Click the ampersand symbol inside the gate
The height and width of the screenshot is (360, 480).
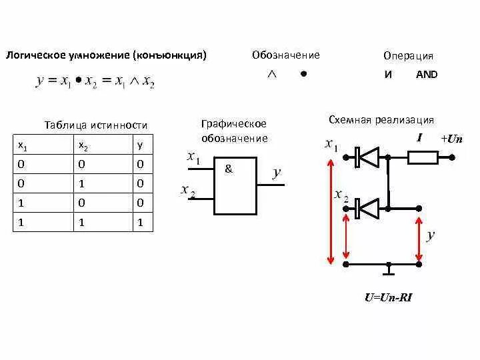(x=229, y=169)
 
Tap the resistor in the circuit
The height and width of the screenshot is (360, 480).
(x=423, y=157)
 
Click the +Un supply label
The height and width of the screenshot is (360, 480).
(x=451, y=139)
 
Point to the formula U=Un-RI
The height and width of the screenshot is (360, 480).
(x=388, y=298)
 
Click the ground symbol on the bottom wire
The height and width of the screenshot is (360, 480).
(x=389, y=270)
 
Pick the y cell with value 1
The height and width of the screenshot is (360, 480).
(x=140, y=223)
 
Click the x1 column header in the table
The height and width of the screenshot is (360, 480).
(x=22, y=145)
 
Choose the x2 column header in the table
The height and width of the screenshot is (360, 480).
(x=83, y=145)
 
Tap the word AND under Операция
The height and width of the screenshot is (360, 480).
(x=427, y=75)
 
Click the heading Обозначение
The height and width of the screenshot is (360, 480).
(x=285, y=55)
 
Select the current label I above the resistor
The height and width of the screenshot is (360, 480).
(x=419, y=138)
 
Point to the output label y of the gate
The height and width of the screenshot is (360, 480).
(x=277, y=173)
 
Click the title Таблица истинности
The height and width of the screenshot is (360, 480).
(x=95, y=125)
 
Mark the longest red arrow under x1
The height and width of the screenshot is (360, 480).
(x=329, y=211)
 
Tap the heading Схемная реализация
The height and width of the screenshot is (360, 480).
(x=381, y=120)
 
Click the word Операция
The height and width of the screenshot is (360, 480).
(x=408, y=56)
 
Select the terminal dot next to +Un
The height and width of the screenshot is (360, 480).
(x=452, y=158)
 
